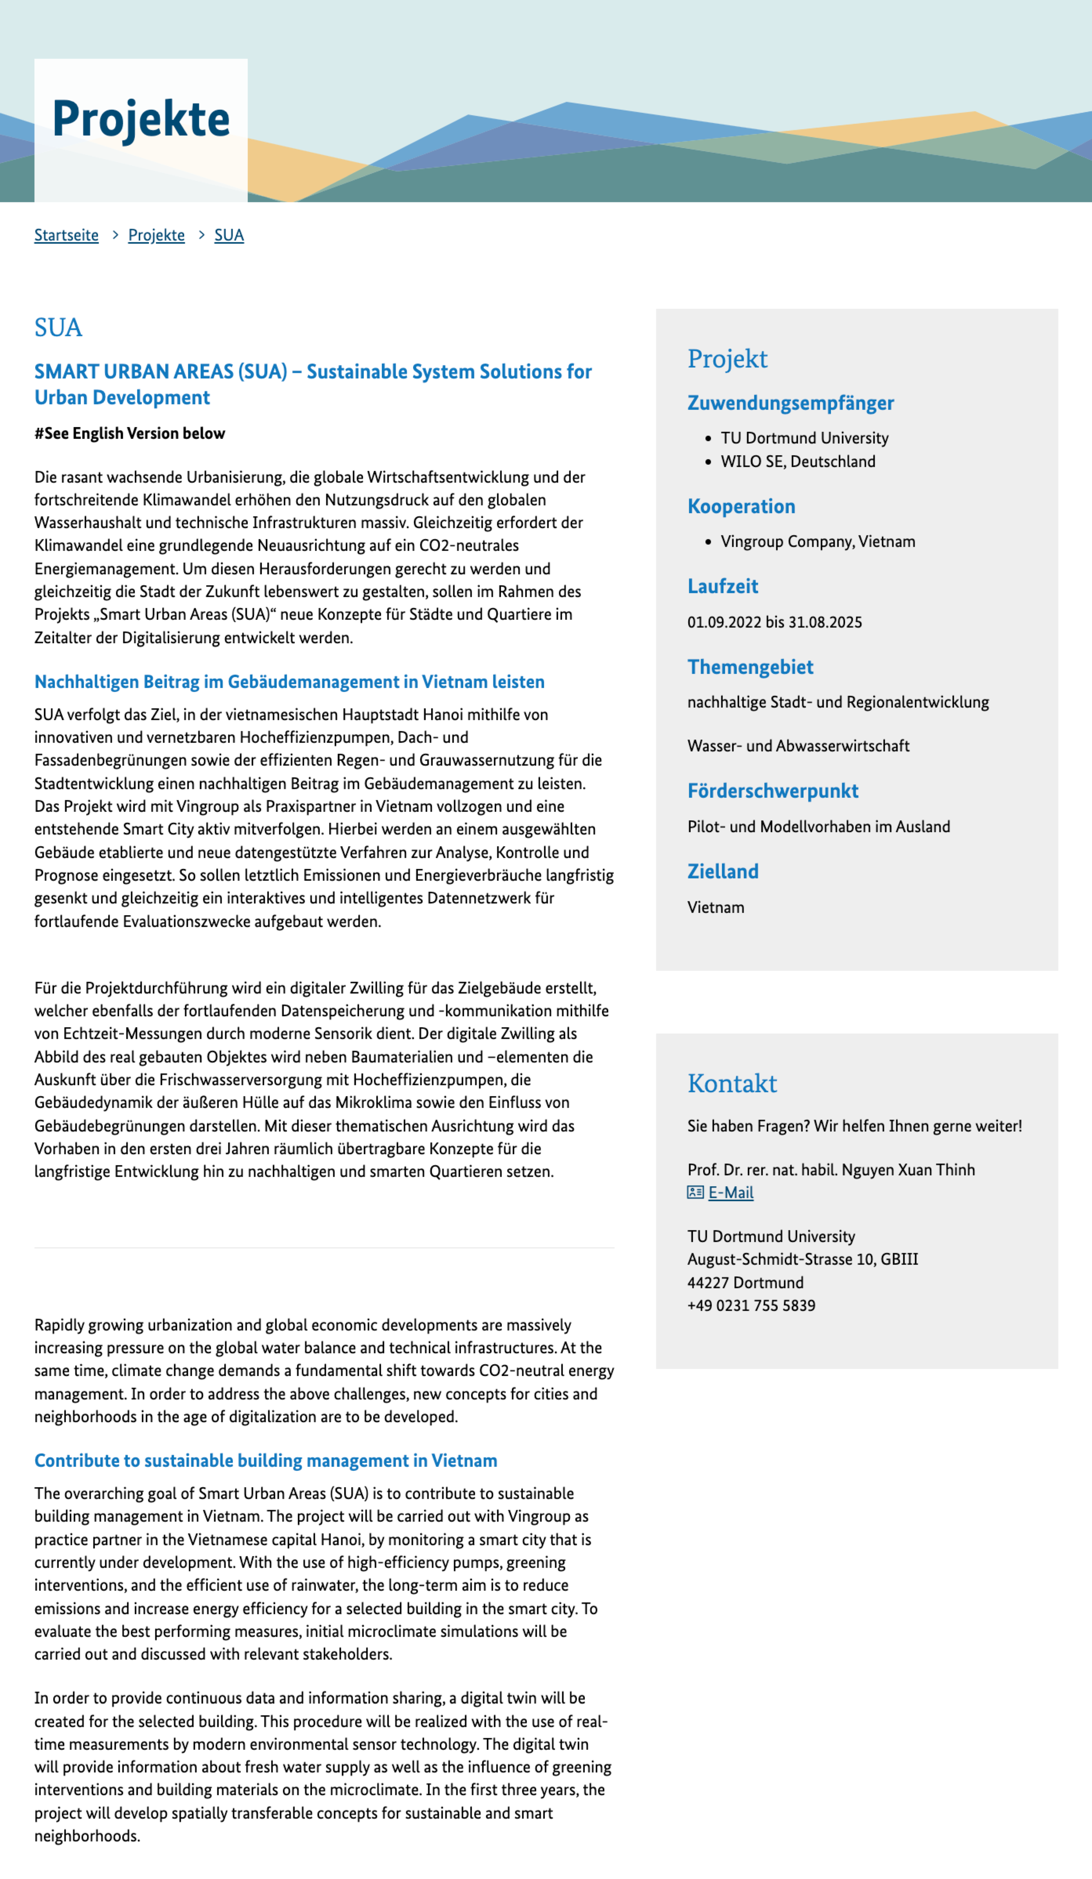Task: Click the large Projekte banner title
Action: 141,119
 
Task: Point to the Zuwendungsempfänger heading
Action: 790,403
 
